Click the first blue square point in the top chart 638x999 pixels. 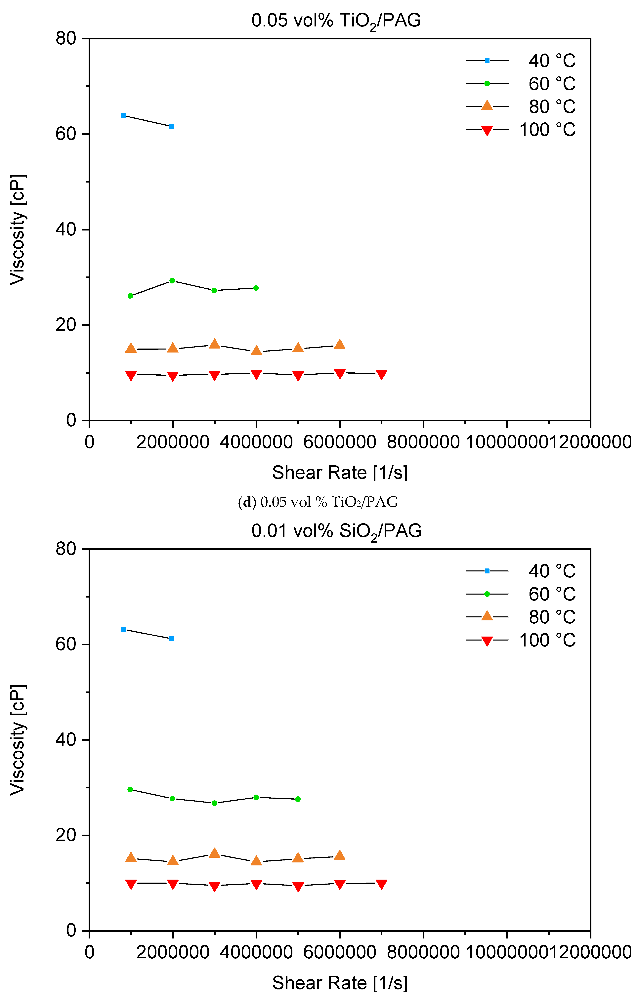[123, 115]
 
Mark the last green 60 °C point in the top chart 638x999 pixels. [256, 288]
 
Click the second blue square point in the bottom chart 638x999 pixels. [172, 639]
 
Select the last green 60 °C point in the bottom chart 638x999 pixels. [298, 799]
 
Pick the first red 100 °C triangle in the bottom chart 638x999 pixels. [131, 884]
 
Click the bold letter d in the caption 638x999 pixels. [247, 502]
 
